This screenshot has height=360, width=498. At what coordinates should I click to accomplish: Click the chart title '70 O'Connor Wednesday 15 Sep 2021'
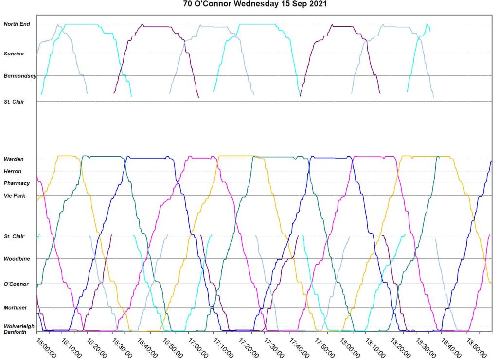coord(249,4)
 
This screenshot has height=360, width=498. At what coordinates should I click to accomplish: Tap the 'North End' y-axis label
coord(17,24)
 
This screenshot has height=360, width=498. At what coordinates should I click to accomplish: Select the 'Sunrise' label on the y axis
coord(14,54)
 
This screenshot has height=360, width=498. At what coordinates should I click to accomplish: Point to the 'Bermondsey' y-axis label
coord(20,76)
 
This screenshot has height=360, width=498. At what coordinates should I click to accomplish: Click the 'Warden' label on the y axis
coord(13,159)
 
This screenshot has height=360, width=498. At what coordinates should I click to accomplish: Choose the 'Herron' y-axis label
coord(13,171)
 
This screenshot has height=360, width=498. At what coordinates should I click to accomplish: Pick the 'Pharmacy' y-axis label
coord(17,183)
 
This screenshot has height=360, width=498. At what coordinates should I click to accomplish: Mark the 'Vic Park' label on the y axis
coord(15,196)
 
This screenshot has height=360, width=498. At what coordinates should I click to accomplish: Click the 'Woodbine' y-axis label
coord(17,259)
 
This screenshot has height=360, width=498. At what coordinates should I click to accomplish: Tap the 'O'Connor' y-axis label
coord(16,284)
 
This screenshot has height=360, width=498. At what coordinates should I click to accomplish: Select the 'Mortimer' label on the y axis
coord(16,308)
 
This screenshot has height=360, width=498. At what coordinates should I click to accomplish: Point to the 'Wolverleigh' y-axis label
coord(19,326)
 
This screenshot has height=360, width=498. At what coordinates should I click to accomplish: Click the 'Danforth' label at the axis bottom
coord(15,332)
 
